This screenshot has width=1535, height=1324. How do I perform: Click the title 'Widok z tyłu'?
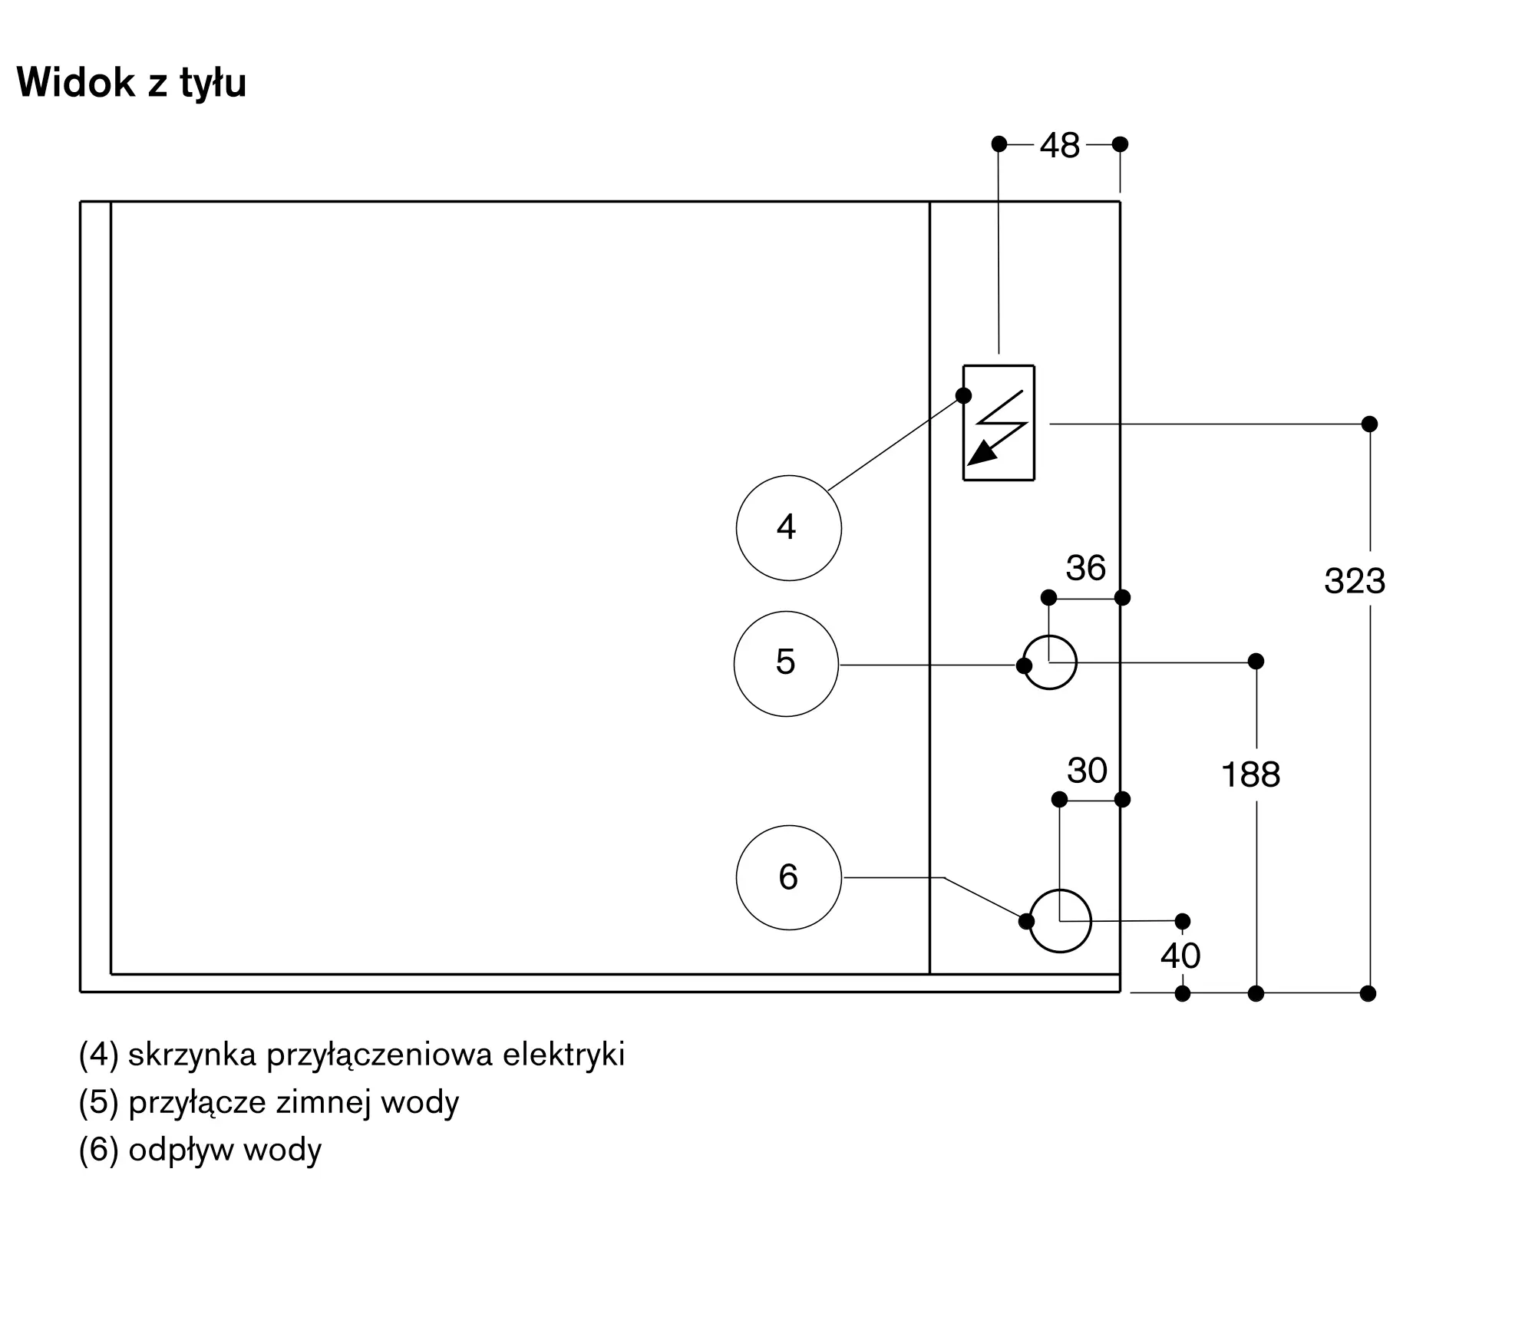point(131,83)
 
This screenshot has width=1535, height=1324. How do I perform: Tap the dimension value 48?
point(1060,145)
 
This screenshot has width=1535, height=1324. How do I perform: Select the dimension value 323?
point(1355,581)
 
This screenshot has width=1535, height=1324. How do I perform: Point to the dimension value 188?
point(1251,774)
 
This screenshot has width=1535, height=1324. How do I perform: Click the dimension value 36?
point(1086,568)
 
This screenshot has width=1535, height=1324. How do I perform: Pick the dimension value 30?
point(1087,770)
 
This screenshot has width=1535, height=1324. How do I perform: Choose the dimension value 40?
point(1180,956)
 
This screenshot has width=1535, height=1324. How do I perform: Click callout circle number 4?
point(789,528)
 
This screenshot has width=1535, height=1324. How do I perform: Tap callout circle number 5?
point(787,664)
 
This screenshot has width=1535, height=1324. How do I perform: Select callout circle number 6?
point(789,877)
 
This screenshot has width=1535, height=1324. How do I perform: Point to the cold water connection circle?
point(1050,662)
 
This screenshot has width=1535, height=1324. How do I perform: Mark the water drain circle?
point(1060,921)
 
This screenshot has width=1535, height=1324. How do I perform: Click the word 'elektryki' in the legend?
point(564,1055)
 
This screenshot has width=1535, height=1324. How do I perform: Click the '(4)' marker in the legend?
point(99,1055)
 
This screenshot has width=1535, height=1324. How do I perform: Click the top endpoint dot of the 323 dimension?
point(1370,424)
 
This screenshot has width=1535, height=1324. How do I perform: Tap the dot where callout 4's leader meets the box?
point(963,396)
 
